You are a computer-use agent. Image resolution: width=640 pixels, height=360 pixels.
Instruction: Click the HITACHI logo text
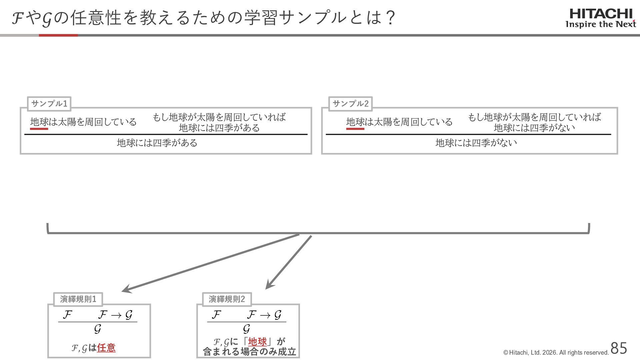pos(601,14)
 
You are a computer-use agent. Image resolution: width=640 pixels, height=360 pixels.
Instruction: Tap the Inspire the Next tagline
pos(601,24)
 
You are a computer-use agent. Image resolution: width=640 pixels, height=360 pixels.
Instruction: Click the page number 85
pos(619,348)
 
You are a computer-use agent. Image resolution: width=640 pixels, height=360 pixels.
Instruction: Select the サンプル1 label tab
pos(49,104)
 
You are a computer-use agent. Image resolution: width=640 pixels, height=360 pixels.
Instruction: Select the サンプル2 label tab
pos(350,104)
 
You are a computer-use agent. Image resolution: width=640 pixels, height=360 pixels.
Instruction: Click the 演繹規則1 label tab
pos(78,299)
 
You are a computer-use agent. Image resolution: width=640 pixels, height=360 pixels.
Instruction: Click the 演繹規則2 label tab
pos(227,299)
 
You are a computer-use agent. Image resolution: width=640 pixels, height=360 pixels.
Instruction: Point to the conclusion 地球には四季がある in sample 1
pos(157,143)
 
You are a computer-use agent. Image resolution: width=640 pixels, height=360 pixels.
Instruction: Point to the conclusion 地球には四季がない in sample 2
pos(476,143)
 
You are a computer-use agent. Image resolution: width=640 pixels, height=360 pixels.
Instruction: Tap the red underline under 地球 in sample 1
pos(39,129)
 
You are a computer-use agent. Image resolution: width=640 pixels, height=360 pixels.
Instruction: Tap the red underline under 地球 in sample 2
pos(355,129)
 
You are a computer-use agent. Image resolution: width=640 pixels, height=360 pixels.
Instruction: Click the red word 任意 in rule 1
pos(106,348)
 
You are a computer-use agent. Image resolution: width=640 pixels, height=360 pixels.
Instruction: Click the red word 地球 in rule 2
pos(257,342)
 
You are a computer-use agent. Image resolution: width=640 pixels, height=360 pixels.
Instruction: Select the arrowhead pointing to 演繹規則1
pos(126,290)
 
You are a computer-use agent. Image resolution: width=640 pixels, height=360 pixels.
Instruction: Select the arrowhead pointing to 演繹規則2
pos(269,286)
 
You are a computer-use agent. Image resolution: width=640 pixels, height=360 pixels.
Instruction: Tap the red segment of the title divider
pos(58,35)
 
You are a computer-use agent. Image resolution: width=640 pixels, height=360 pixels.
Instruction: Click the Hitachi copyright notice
pos(556,353)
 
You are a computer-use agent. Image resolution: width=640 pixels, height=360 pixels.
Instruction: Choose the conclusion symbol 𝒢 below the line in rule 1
pos(97,329)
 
